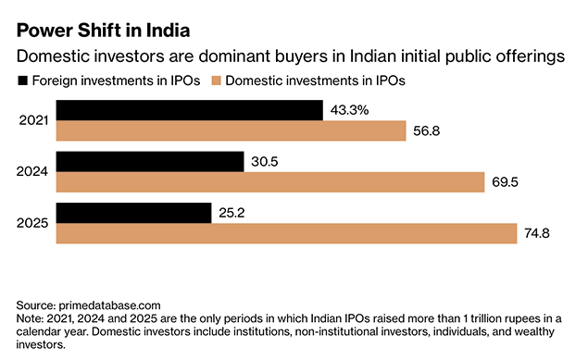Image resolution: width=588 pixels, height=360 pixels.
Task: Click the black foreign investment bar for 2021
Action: click(189, 110)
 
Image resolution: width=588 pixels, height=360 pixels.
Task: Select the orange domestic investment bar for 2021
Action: click(231, 130)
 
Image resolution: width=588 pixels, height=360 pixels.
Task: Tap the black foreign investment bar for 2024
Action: click(150, 161)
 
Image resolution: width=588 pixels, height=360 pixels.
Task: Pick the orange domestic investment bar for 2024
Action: click(270, 181)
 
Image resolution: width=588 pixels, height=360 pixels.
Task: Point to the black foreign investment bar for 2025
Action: click(133, 212)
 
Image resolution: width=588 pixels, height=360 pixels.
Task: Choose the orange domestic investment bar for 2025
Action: click(286, 233)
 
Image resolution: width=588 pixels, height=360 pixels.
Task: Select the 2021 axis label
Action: click(32, 120)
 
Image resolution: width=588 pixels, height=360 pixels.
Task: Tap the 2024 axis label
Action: click(32, 171)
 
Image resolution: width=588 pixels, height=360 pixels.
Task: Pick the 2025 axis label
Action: click(32, 222)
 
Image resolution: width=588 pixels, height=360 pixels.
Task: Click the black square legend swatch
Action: click(22, 81)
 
